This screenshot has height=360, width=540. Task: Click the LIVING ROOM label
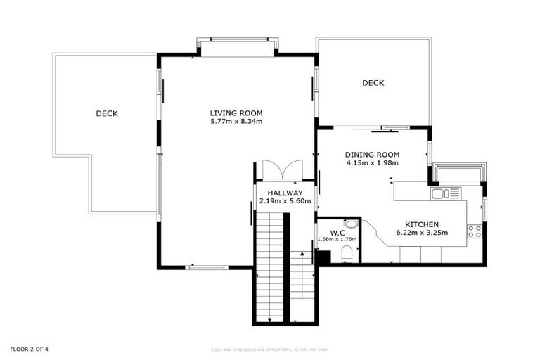point(236,112)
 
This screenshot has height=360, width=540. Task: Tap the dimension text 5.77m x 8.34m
point(236,122)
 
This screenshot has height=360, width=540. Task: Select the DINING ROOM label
point(372,155)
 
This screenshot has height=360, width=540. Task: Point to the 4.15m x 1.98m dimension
point(372,163)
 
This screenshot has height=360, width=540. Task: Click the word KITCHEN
point(422,224)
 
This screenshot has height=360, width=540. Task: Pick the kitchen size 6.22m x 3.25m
point(422,233)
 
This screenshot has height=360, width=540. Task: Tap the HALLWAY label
point(280,193)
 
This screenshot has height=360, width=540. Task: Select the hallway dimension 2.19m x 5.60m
point(280,201)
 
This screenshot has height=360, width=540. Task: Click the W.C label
point(337,231)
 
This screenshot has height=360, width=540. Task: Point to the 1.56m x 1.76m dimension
point(337,239)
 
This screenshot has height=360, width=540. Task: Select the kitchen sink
point(445,193)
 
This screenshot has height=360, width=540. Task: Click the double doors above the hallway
point(280,170)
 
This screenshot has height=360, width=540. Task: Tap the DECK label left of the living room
point(107,113)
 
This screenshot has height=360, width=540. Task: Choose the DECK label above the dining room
point(373,83)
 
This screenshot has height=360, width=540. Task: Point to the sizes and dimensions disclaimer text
point(270,349)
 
